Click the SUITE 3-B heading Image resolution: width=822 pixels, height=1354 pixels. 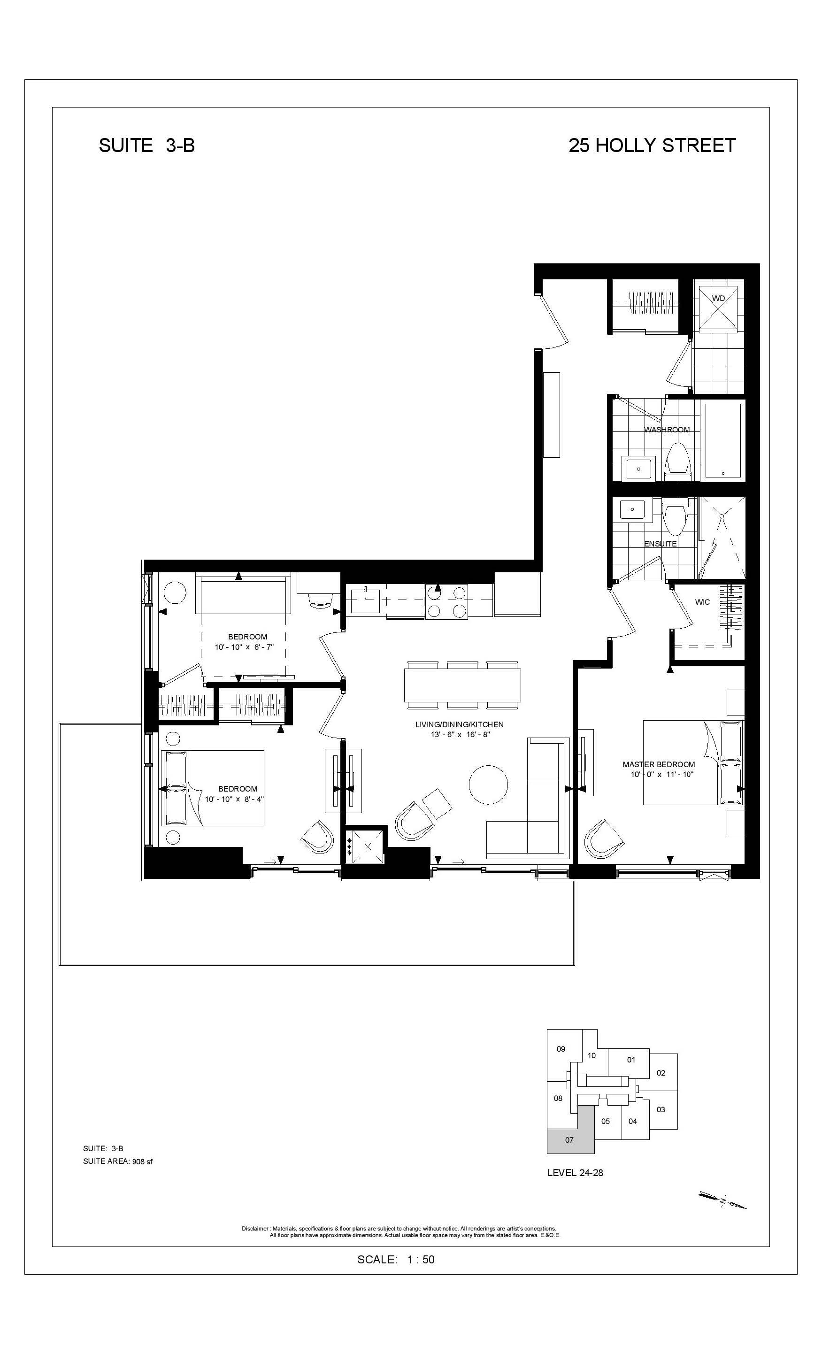(x=147, y=146)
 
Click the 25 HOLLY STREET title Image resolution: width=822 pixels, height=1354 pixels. (x=652, y=146)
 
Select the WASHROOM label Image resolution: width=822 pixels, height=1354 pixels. (x=667, y=430)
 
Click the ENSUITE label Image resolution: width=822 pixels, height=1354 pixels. (x=661, y=544)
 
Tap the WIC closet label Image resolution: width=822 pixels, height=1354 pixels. (x=702, y=602)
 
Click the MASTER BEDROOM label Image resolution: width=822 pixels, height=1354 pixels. (x=658, y=764)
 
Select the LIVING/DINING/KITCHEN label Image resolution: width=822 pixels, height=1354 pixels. (x=459, y=724)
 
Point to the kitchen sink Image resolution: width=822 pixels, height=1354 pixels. (x=365, y=600)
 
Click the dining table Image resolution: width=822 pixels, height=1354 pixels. (x=462, y=685)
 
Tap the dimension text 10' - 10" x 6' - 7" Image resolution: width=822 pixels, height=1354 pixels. (x=244, y=647)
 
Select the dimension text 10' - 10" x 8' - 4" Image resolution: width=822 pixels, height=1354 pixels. (x=235, y=799)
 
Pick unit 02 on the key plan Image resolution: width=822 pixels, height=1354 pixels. (x=661, y=1073)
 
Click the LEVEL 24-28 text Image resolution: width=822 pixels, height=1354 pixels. (x=575, y=1172)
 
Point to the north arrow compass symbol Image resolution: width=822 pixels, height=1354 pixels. (x=722, y=1200)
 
